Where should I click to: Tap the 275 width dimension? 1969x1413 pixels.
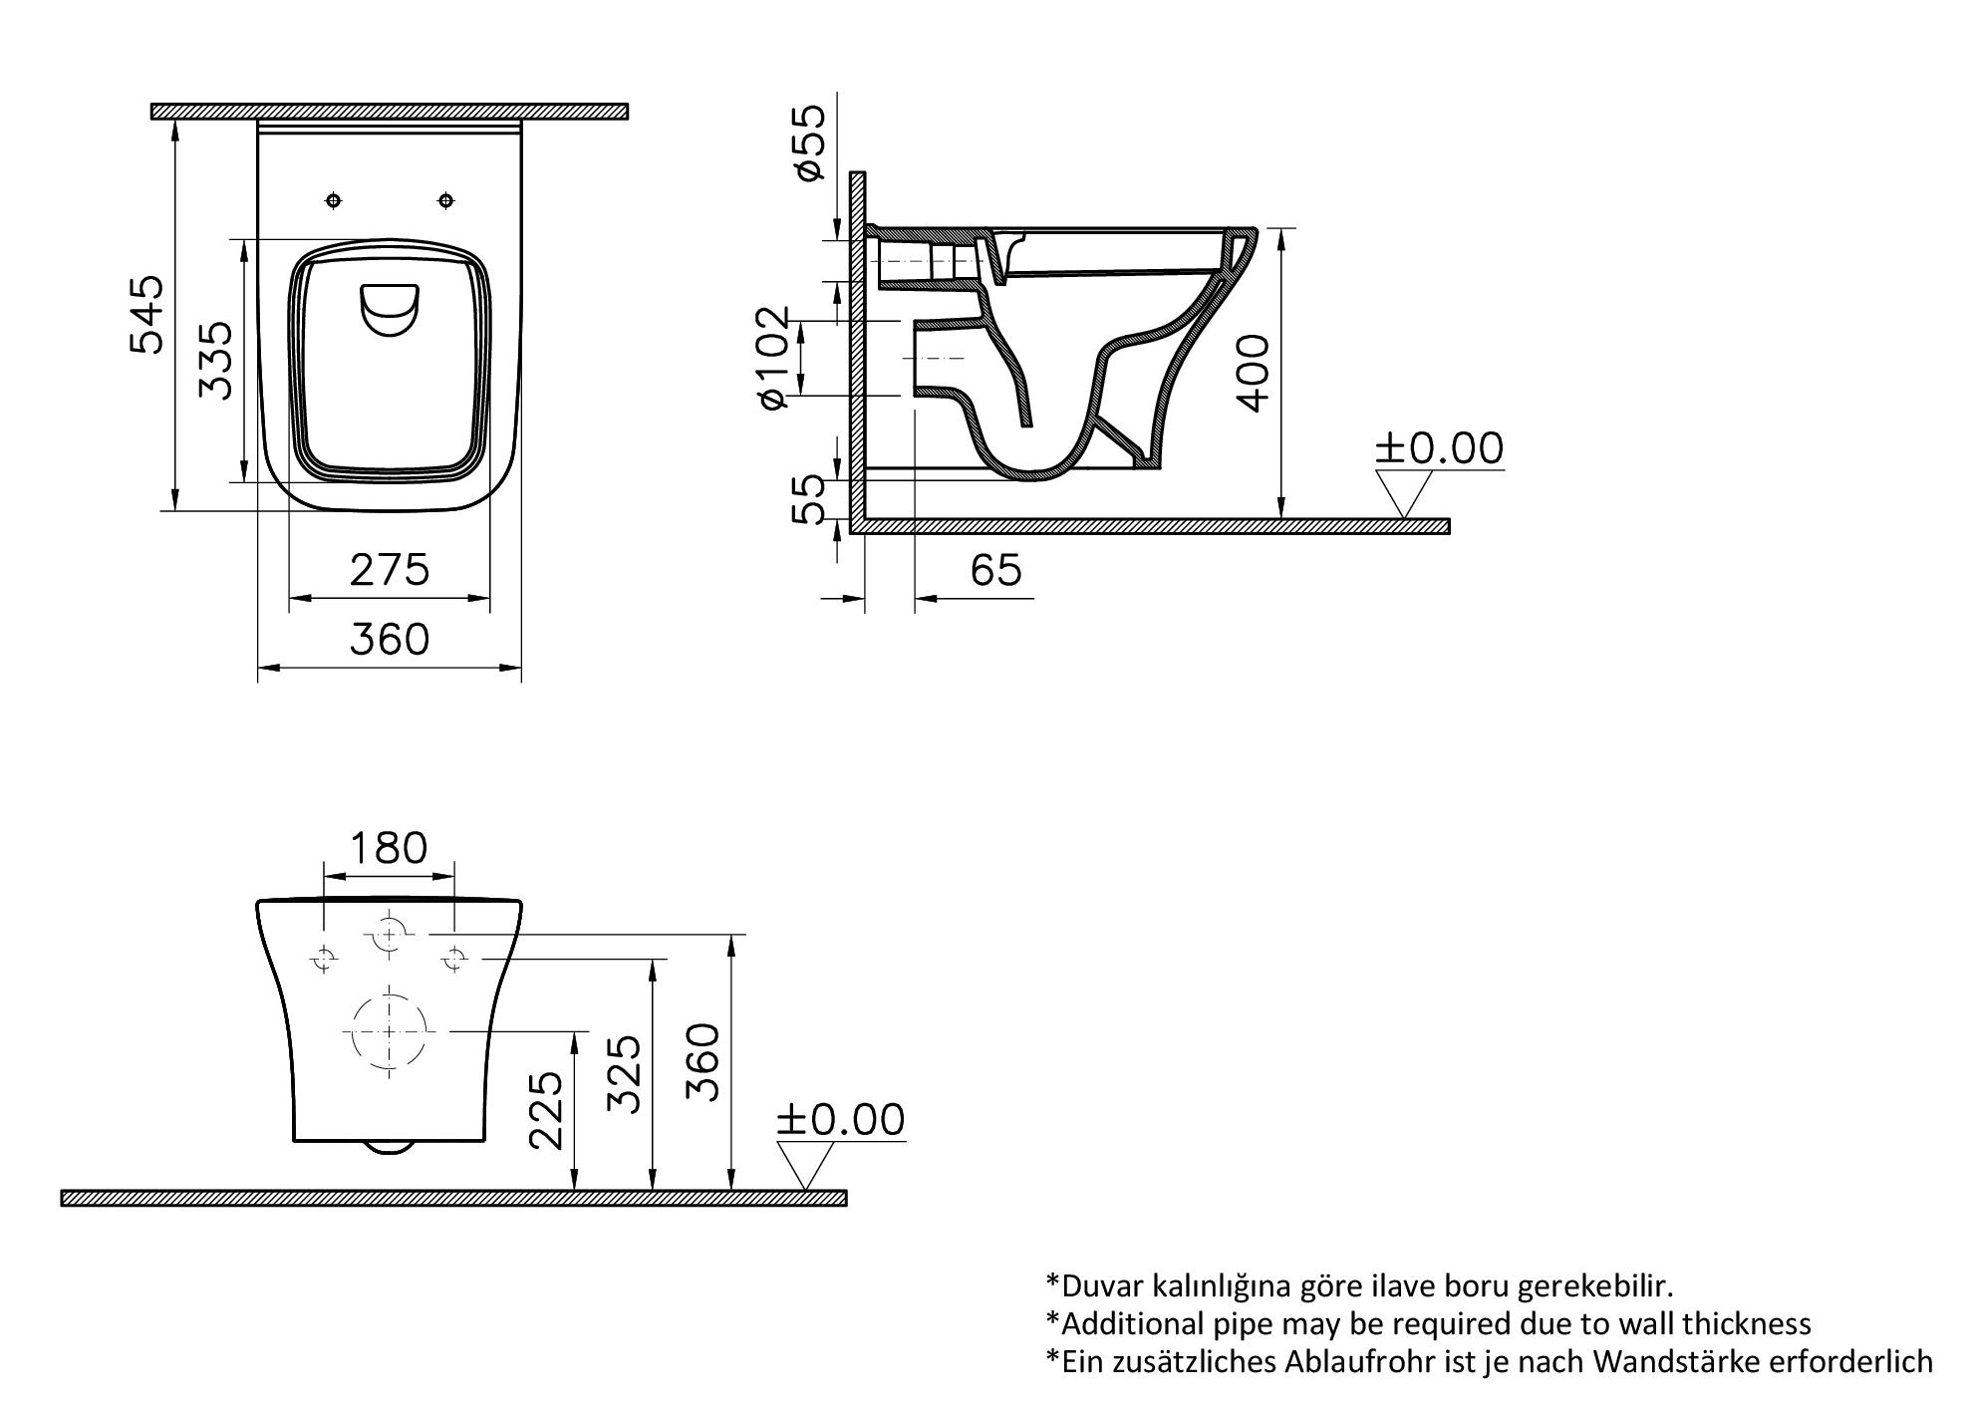pyautogui.click(x=390, y=571)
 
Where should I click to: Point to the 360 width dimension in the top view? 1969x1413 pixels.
pyautogui.click(x=390, y=640)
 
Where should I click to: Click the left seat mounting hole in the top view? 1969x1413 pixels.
pyautogui.click(x=334, y=201)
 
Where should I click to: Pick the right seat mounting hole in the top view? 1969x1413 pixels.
pyautogui.click(x=446, y=201)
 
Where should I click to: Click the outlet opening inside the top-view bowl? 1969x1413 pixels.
pyautogui.click(x=389, y=309)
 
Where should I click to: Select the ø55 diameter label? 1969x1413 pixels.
pyautogui.click(x=810, y=141)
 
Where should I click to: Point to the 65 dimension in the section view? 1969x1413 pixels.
pyautogui.click(x=995, y=571)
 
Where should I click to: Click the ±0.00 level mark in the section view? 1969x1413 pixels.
pyautogui.click(x=1439, y=448)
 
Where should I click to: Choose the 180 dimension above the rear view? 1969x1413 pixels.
pyautogui.click(x=388, y=848)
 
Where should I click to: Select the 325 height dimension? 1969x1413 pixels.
pyautogui.click(x=625, y=1073)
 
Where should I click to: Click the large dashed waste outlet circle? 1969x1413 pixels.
pyautogui.click(x=389, y=1032)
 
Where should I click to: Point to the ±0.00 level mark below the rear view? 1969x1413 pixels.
pyautogui.click(x=841, y=1119)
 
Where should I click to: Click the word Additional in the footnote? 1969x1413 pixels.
pyautogui.click(x=1117, y=1324)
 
